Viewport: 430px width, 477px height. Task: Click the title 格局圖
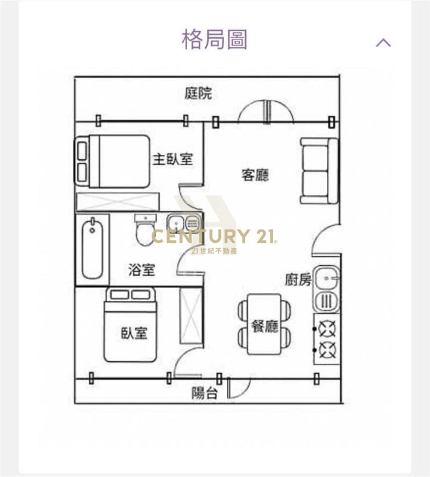[215, 40]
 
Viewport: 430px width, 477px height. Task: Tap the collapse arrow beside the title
[383, 42]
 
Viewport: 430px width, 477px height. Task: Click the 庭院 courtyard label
[198, 93]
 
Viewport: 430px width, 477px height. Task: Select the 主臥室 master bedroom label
[173, 159]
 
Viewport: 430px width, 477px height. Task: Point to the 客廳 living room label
[255, 175]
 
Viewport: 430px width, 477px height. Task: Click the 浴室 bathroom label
[142, 270]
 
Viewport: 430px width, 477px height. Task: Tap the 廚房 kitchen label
[298, 280]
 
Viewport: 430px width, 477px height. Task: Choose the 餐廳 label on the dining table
[265, 326]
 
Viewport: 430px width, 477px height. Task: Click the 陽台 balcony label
[205, 393]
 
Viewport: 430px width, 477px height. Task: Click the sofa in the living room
[319, 171]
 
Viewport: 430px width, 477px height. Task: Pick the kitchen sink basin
[327, 278]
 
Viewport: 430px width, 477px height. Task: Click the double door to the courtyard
[266, 112]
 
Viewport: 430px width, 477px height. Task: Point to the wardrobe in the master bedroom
[117, 202]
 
